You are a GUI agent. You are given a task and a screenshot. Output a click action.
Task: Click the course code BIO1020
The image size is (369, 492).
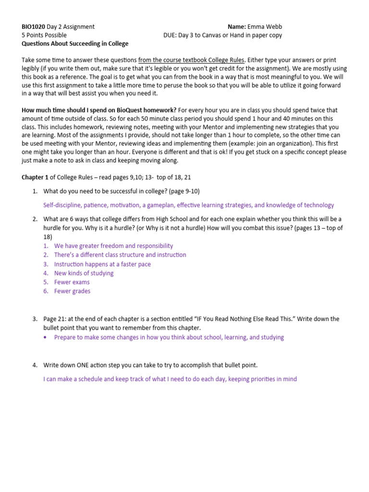[33, 26]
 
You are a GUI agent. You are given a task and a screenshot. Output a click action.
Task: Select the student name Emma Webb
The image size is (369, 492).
[269, 26]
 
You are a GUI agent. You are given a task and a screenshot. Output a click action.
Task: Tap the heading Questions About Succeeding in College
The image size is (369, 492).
[75, 44]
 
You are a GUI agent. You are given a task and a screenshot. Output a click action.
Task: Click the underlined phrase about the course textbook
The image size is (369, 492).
[191, 60]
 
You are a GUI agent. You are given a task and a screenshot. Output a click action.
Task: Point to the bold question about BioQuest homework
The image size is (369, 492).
[99, 110]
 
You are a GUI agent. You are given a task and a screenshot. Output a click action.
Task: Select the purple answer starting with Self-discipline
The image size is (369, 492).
[188, 205]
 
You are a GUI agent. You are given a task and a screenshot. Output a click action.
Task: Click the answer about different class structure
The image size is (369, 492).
[120, 255]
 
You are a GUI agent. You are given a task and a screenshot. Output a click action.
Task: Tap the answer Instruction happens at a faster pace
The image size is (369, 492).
[102, 264]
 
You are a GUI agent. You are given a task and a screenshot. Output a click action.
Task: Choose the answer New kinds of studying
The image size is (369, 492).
[84, 273]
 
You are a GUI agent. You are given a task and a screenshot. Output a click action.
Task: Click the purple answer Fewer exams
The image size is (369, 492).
[72, 282]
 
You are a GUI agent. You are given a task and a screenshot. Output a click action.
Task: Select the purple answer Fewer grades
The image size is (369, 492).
[72, 291]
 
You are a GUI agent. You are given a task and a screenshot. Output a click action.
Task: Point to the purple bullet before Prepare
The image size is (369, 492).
[45, 337]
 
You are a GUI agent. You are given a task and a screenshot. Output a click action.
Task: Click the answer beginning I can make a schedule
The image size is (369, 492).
[170, 379]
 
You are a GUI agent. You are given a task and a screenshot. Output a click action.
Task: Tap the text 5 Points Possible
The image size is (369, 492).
[44, 35]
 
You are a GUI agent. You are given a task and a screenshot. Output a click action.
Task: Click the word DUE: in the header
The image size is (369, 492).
[171, 35]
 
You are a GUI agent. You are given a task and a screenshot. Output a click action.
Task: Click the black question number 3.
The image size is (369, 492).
[35, 319]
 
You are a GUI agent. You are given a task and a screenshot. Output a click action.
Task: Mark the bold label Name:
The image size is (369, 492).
[237, 26]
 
